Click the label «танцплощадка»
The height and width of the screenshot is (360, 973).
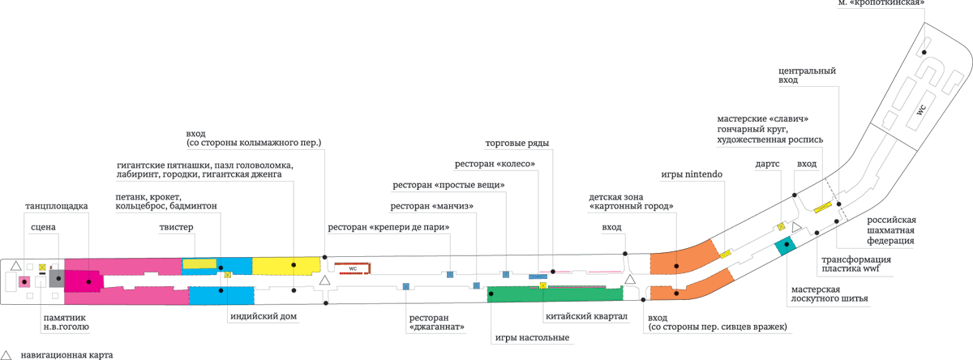tap(56, 207)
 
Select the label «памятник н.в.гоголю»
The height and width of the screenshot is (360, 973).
tap(66, 323)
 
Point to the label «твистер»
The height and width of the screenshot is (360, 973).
tap(177, 228)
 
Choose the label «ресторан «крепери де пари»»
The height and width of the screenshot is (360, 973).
tap(388, 228)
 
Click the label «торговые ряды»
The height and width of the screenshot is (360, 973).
tap(517, 144)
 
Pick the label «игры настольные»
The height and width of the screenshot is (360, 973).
tap(531, 337)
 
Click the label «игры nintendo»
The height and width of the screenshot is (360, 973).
tap(692, 174)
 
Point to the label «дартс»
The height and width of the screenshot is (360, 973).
tap(766, 164)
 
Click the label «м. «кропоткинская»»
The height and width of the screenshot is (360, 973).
tap(881, 3)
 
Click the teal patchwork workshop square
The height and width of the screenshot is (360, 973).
tap(785, 246)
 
